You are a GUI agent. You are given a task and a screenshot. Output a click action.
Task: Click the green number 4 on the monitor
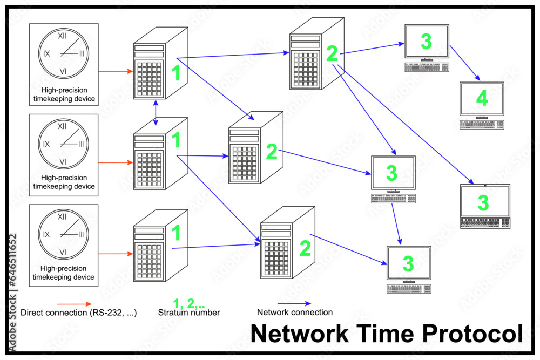pos(482,98)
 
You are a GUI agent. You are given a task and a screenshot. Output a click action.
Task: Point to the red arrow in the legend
pos(75,304)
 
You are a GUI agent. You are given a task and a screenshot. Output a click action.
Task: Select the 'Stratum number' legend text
pos(189,313)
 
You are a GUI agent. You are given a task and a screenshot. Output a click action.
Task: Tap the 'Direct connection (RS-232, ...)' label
pos(78,313)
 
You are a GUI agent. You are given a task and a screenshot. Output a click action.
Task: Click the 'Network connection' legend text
pos(294,312)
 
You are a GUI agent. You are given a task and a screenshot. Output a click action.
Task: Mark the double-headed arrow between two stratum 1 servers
pos(156,113)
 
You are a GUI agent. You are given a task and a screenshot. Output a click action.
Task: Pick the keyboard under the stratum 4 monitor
pos(482,125)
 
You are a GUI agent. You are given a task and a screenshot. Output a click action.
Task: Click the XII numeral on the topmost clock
pos(63,36)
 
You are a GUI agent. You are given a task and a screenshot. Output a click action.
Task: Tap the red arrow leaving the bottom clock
pos(116,253)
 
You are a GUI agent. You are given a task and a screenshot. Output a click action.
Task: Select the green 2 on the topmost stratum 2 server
pos(332,53)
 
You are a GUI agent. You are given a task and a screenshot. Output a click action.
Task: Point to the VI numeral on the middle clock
pos(63,162)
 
